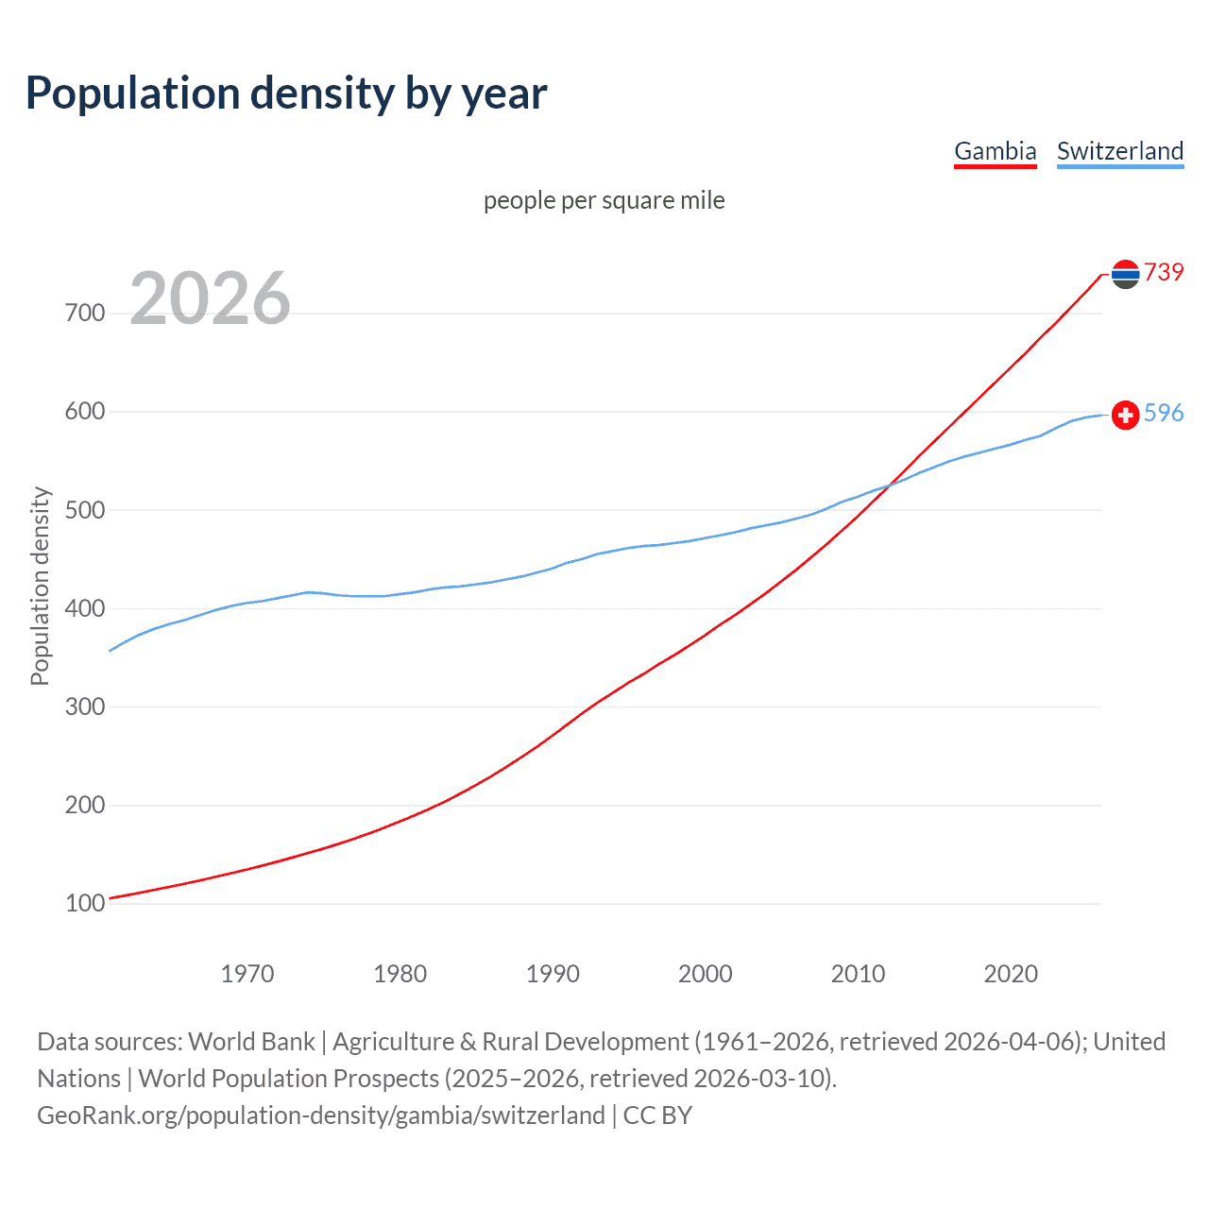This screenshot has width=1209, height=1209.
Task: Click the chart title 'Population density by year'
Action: pos(286,94)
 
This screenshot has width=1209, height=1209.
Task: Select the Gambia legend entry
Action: pos(995,151)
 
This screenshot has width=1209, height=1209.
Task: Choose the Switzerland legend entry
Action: pos(1119,151)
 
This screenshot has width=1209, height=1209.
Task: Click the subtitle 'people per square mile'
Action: pos(604,200)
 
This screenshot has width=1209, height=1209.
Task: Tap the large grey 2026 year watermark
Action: pos(210,298)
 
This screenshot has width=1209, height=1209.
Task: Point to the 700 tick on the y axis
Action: pos(85,313)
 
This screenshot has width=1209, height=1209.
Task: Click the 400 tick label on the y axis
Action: pos(85,608)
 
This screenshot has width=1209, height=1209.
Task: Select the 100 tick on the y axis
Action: pos(85,904)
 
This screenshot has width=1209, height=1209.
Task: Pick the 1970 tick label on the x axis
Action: pos(247,974)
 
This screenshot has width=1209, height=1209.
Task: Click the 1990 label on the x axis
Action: pos(553,974)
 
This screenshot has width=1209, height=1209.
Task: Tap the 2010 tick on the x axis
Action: pos(858,974)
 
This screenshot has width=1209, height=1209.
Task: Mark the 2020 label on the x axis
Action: pos(1011,974)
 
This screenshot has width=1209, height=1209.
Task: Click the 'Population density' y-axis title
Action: pos(40,586)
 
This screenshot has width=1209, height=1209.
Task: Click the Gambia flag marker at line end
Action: pos(1125,274)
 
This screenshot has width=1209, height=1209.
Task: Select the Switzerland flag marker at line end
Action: pos(1125,415)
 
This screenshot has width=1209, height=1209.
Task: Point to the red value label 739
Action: pos(1164,272)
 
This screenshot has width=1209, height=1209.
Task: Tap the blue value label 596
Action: pos(1164,413)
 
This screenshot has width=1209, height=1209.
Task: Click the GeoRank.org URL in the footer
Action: pos(321,1115)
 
